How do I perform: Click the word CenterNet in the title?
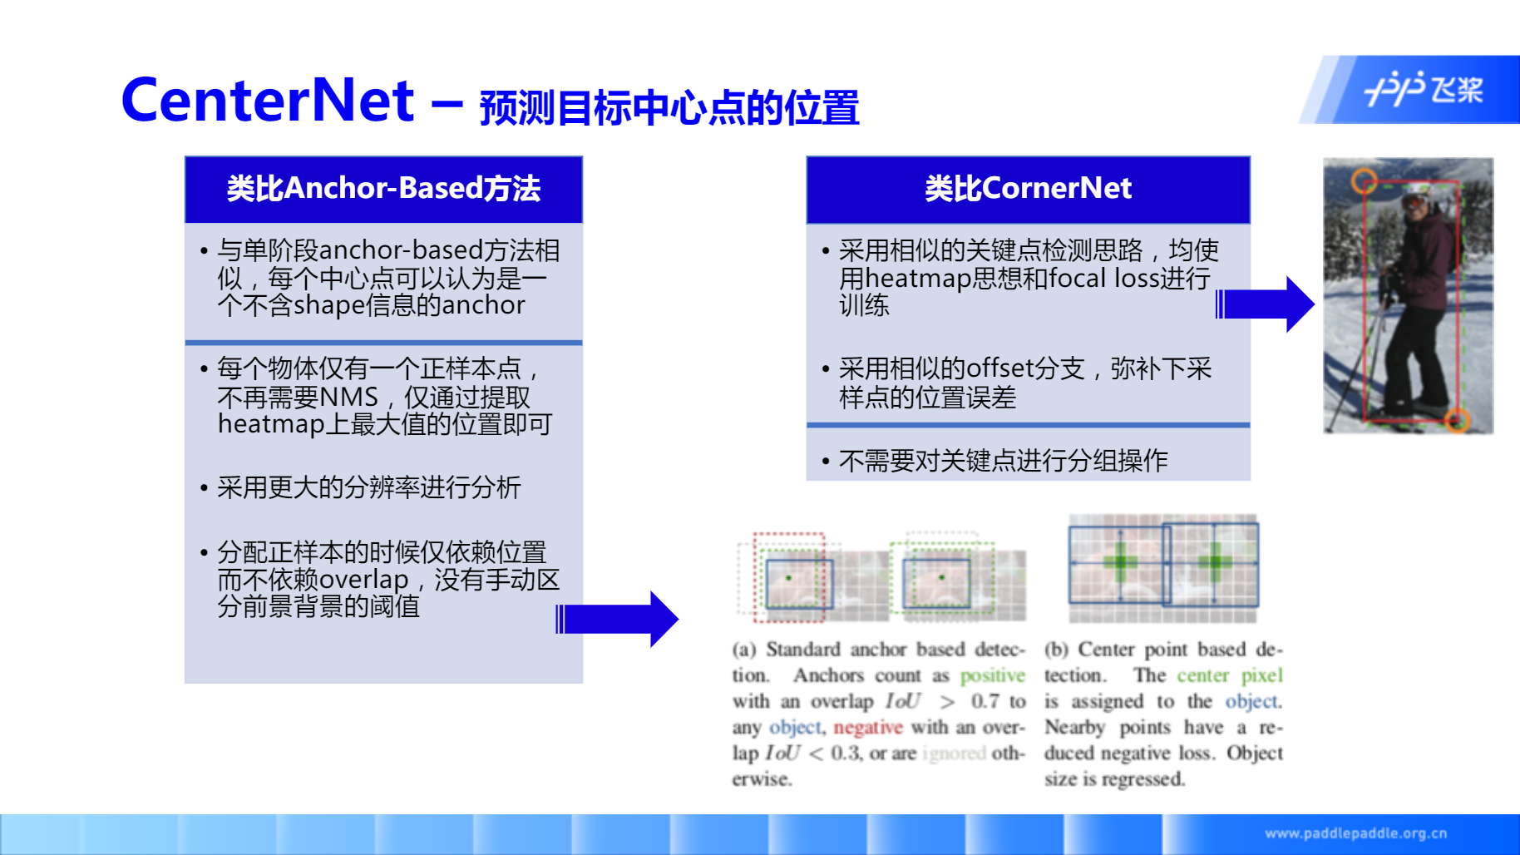(267, 101)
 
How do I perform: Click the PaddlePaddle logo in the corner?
(1424, 89)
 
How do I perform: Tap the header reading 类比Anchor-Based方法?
(383, 189)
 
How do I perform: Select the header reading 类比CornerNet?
(1028, 189)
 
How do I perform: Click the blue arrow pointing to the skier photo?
(1265, 304)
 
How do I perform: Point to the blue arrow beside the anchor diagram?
(617, 619)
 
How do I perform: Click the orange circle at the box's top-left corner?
(1364, 180)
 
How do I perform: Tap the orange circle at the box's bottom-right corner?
(1457, 421)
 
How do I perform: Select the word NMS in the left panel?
(348, 398)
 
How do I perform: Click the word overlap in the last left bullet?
(363, 580)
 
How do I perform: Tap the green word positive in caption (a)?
(993, 676)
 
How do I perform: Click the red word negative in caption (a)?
(868, 728)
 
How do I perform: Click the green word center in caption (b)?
(1202, 675)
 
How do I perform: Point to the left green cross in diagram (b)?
(1120, 563)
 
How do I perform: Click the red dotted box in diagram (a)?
(789, 577)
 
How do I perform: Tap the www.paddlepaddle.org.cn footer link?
(1355, 833)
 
